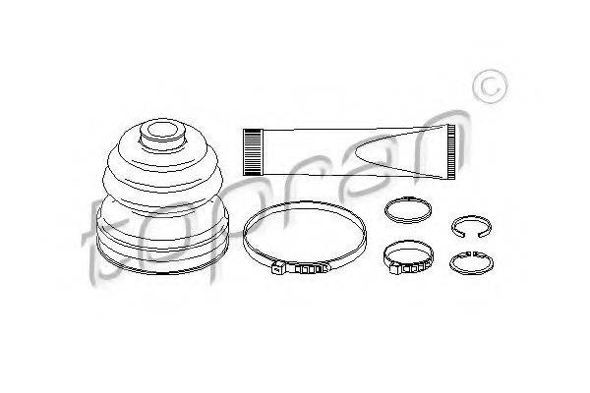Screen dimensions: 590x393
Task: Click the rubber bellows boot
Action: tap(162, 196)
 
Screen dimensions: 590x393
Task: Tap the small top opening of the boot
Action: tap(162, 130)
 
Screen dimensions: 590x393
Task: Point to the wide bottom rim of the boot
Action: tap(162, 259)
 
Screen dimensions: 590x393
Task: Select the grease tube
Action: tap(349, 152)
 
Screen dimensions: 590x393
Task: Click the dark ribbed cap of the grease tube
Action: tap(252, 152)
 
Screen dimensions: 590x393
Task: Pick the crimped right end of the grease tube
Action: tap(450, 152)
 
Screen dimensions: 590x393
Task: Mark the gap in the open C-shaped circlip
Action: tap(470, 235)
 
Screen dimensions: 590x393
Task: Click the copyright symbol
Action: tap(490, 87)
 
